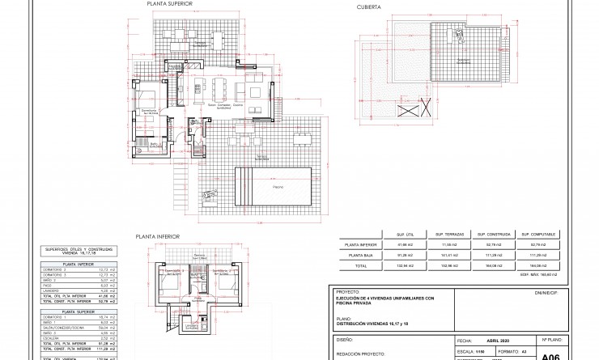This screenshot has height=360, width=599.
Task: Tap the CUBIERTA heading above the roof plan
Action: tap(369, 6)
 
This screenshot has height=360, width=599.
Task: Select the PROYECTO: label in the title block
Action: tap(346, 292)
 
